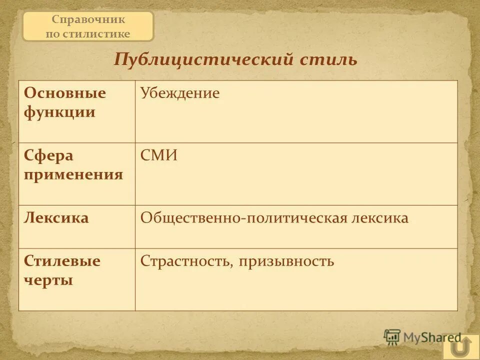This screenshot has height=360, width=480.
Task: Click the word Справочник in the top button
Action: click(x=88, y=20)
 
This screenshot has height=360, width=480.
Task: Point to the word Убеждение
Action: click(x=180, y=93)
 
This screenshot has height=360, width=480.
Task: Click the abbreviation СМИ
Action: click(x=159, y=156)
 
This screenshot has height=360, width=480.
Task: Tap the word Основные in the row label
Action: click(x=65, y=93)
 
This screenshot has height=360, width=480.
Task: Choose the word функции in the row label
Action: click(x=59, y=112)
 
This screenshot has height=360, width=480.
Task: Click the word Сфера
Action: click(x=48, y=156)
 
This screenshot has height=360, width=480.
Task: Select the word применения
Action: click(x=73, y=174)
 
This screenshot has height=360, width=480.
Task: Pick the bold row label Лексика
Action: click(x=56, y=218)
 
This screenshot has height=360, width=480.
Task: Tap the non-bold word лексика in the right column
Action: click(x=379, y=218)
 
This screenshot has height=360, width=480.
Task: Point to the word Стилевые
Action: click(x=62, y=261)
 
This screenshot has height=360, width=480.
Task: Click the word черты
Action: click(x=48, y=280)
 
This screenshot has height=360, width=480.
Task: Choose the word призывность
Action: click(x=286, y=261)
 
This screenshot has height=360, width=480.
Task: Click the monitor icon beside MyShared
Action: click(x=392, y=337)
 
